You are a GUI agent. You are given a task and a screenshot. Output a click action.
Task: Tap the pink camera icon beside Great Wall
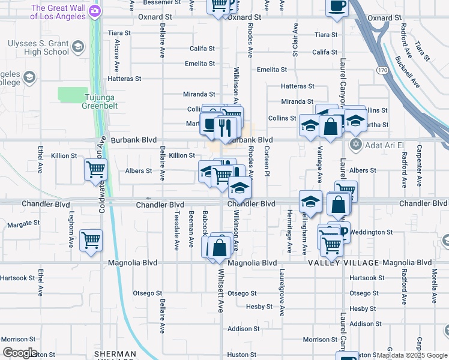click(95, 11)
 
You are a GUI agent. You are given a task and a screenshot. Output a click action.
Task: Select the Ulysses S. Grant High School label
click(38, 47)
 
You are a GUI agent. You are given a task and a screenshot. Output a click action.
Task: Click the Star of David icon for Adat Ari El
click(355, 145)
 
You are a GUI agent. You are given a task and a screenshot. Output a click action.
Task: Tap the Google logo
click(19, 353)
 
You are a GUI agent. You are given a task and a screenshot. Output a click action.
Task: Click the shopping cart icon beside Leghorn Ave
click(91, 240)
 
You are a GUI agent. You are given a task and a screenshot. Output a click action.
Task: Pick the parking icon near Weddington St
click(344, 230)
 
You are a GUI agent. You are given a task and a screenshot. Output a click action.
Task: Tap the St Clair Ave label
click(295, 40)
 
